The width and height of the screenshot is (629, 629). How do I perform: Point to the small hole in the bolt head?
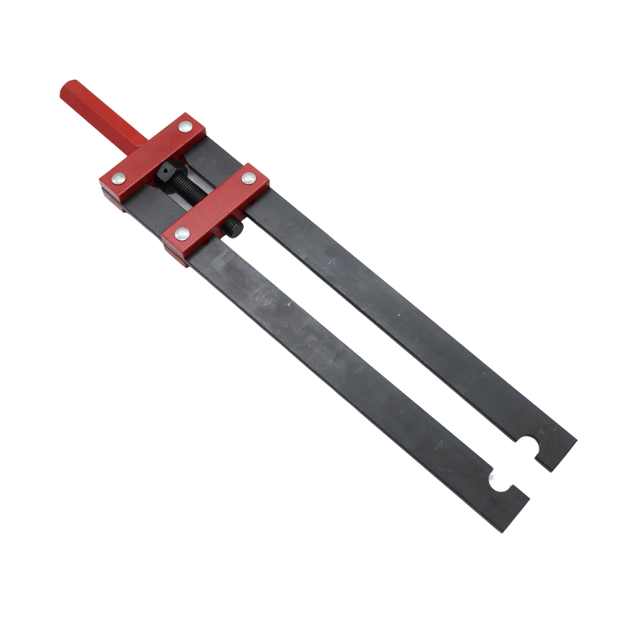(x=165, y=170)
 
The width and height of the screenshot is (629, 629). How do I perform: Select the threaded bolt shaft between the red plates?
(x=189, y=189)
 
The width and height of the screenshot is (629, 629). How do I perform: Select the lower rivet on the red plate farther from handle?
(x=182, y=233)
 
